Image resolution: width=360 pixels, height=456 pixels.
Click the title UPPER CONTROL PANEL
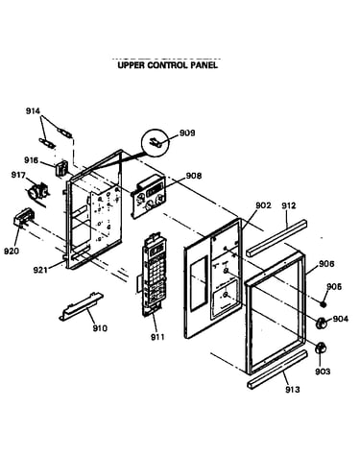point(167,65)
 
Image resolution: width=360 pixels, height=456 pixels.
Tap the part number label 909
point(187,132)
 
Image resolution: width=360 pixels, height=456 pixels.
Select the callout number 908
point(194,176)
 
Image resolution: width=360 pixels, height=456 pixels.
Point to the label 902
point(263,205)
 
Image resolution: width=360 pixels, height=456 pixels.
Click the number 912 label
point(289,205)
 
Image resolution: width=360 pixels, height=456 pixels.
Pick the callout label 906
point(326,264)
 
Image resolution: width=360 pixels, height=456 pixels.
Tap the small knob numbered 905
point(324,303)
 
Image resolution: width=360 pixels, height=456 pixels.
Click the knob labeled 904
point(321,323)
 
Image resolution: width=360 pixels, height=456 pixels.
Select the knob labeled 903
point(321,348)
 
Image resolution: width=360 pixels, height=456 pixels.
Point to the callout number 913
point(293,389)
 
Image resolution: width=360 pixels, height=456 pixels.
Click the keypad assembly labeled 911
point(154,276)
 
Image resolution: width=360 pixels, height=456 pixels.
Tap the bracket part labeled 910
point(81,306)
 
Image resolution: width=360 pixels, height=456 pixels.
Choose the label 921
point(40,270)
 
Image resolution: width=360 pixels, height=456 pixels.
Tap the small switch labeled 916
point(61,168)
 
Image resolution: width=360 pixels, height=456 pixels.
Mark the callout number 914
point(33,111)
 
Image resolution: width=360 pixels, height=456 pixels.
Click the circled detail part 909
point(156,142)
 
